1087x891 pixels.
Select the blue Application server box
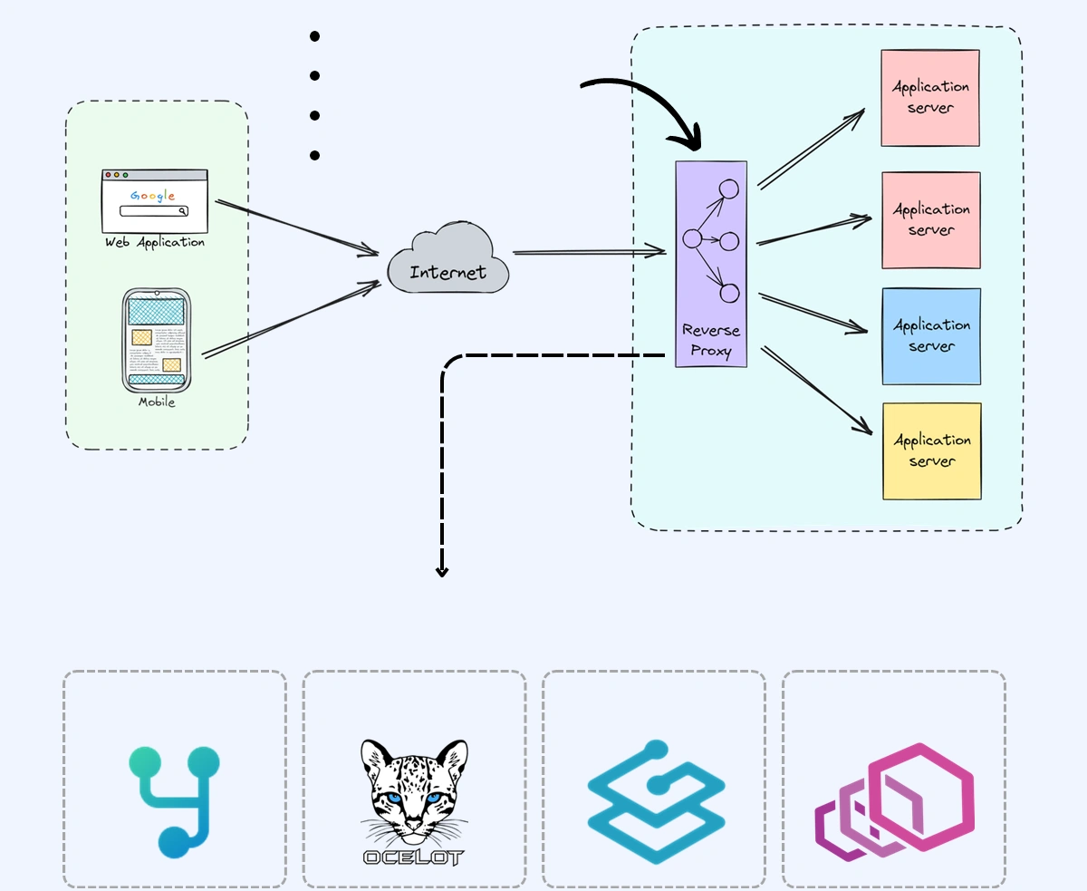pos(931,336)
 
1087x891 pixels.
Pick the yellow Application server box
pos(931,451)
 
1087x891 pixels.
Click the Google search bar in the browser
pos(154,211)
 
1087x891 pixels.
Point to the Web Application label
pos(154,243)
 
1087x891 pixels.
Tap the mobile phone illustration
pos(156,340)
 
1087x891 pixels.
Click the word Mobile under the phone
pos(157,402)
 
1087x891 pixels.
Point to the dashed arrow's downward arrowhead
pos(442,571)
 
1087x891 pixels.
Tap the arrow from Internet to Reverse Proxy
pos(589,252)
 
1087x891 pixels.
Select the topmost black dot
pos(314,36)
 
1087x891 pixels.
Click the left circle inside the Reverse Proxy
pos(693,239)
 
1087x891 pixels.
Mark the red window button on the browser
pos(108,175)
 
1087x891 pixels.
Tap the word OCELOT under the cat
pos(413,857)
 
